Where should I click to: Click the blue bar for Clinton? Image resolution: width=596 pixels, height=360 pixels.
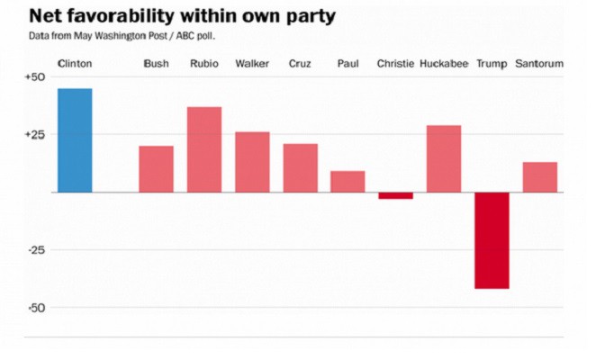(75, 140)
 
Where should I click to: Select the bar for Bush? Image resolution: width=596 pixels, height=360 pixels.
(156, 169)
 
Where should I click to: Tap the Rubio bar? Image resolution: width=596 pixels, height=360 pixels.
(204, 149)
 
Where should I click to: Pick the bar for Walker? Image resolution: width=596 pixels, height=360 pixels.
(252, 162)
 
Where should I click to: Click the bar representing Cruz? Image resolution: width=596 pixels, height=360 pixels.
(300, 168)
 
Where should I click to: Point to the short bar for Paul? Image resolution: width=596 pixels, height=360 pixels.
(348, 182)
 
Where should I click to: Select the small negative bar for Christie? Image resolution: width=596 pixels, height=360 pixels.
(395, 195)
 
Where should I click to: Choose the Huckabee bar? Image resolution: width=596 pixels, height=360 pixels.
(444, 158)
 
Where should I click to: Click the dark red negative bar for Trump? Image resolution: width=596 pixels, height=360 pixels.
(492, 240)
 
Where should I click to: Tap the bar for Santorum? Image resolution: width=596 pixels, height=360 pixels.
(540, 177)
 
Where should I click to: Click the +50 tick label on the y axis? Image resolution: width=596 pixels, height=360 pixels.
(33, 77)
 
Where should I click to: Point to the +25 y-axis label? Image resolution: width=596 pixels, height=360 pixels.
(33, 134)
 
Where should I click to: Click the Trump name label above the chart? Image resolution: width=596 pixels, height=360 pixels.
(492, 64)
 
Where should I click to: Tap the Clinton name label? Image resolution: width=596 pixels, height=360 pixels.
(75, 64)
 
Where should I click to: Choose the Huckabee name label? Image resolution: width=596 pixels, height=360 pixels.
(444, 64)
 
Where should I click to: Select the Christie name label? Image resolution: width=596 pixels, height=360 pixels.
(395, 64)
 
